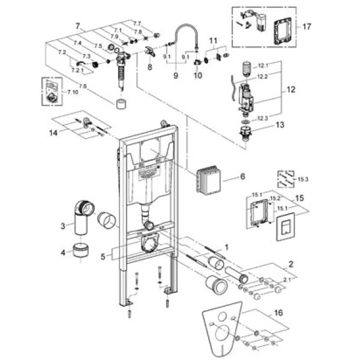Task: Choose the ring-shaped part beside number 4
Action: click(80, 250)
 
